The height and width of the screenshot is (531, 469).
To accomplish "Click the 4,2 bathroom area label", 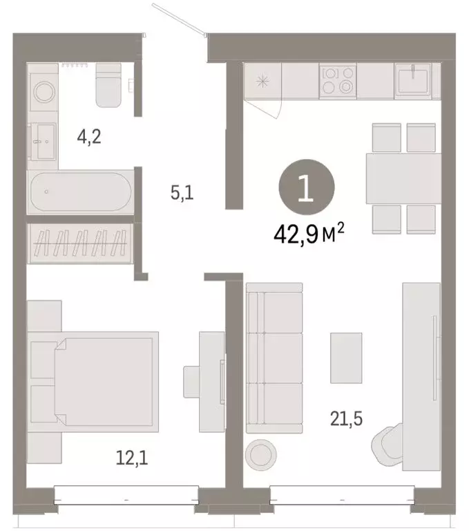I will click(x=89, y=136).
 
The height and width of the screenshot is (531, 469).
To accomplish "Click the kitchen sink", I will click(x=412, y=79).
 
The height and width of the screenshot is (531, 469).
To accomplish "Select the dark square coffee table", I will click(x=345, y=357).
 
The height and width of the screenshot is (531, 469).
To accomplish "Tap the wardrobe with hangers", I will click(x=79, y=243).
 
